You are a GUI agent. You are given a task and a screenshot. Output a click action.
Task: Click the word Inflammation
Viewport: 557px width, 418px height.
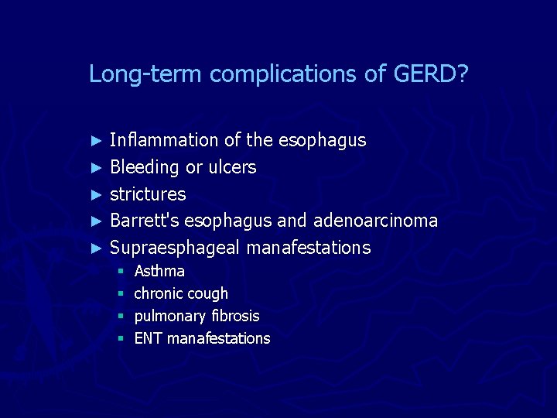(x=164, y=140)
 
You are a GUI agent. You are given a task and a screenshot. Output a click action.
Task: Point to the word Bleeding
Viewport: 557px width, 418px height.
(x=145, y=167)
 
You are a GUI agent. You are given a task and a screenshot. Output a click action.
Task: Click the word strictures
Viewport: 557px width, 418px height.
(x=148, y=194)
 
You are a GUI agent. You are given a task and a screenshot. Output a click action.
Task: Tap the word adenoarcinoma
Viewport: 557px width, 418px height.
(x=375, y=221)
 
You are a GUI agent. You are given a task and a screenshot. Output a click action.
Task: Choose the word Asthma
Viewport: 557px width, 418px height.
(x=159, y=271)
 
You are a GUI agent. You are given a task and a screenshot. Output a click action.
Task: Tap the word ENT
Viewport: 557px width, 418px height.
(x=148, y=338)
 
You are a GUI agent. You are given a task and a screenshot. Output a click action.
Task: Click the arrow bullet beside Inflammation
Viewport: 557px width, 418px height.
(x=97, y=141)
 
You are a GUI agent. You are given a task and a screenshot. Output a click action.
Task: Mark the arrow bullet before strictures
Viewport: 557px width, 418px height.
(x=97, y=194)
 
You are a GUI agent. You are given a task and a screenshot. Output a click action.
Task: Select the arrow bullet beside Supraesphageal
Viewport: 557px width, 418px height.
(x=97, y=248)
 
